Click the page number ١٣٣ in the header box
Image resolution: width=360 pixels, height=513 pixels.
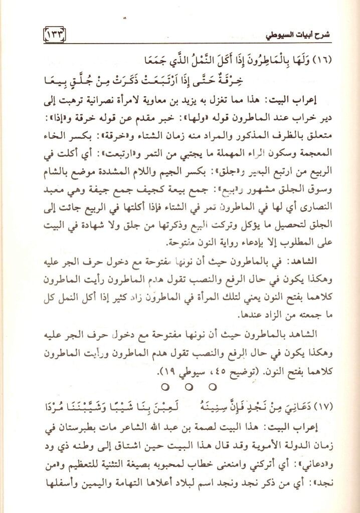pos(52,36)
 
